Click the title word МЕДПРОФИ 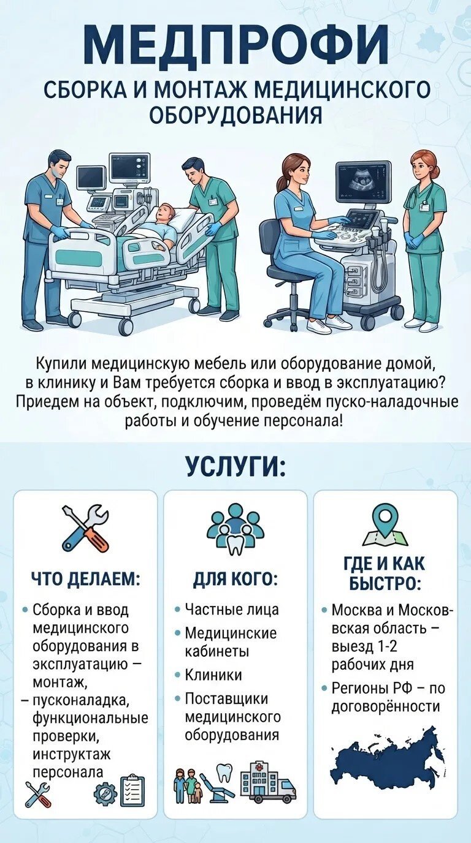coord(236,44)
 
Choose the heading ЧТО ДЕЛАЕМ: coord(85,580)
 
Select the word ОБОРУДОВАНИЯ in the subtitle coord(236,115)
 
